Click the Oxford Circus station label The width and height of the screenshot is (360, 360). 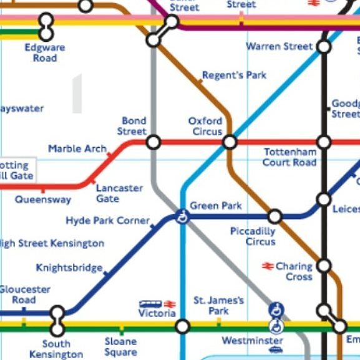pos(205,126)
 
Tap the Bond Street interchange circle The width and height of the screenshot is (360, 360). pos(153,142)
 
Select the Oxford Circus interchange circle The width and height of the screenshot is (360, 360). pos(230,142)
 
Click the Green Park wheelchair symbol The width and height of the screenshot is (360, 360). pos(183,216)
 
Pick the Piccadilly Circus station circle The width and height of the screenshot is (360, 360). pos(275,216)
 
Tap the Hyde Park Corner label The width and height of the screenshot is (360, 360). pos(108,221)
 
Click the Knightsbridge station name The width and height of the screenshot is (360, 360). pos(69,268)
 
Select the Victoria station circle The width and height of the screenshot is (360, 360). pos(182,326)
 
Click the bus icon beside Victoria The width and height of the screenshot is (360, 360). pos(150,304)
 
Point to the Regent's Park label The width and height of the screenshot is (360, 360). pos(234,75)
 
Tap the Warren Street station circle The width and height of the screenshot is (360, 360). pos(324,46)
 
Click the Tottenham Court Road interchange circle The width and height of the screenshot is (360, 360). pos(324,142)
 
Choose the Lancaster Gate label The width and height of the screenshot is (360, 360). pos(119,193)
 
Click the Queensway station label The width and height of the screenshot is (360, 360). pos(43,200)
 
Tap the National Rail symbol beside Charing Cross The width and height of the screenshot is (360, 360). pos(268,266)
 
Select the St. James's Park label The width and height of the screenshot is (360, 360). pos(218,306)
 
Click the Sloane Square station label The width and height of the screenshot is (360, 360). pos(120,347)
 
